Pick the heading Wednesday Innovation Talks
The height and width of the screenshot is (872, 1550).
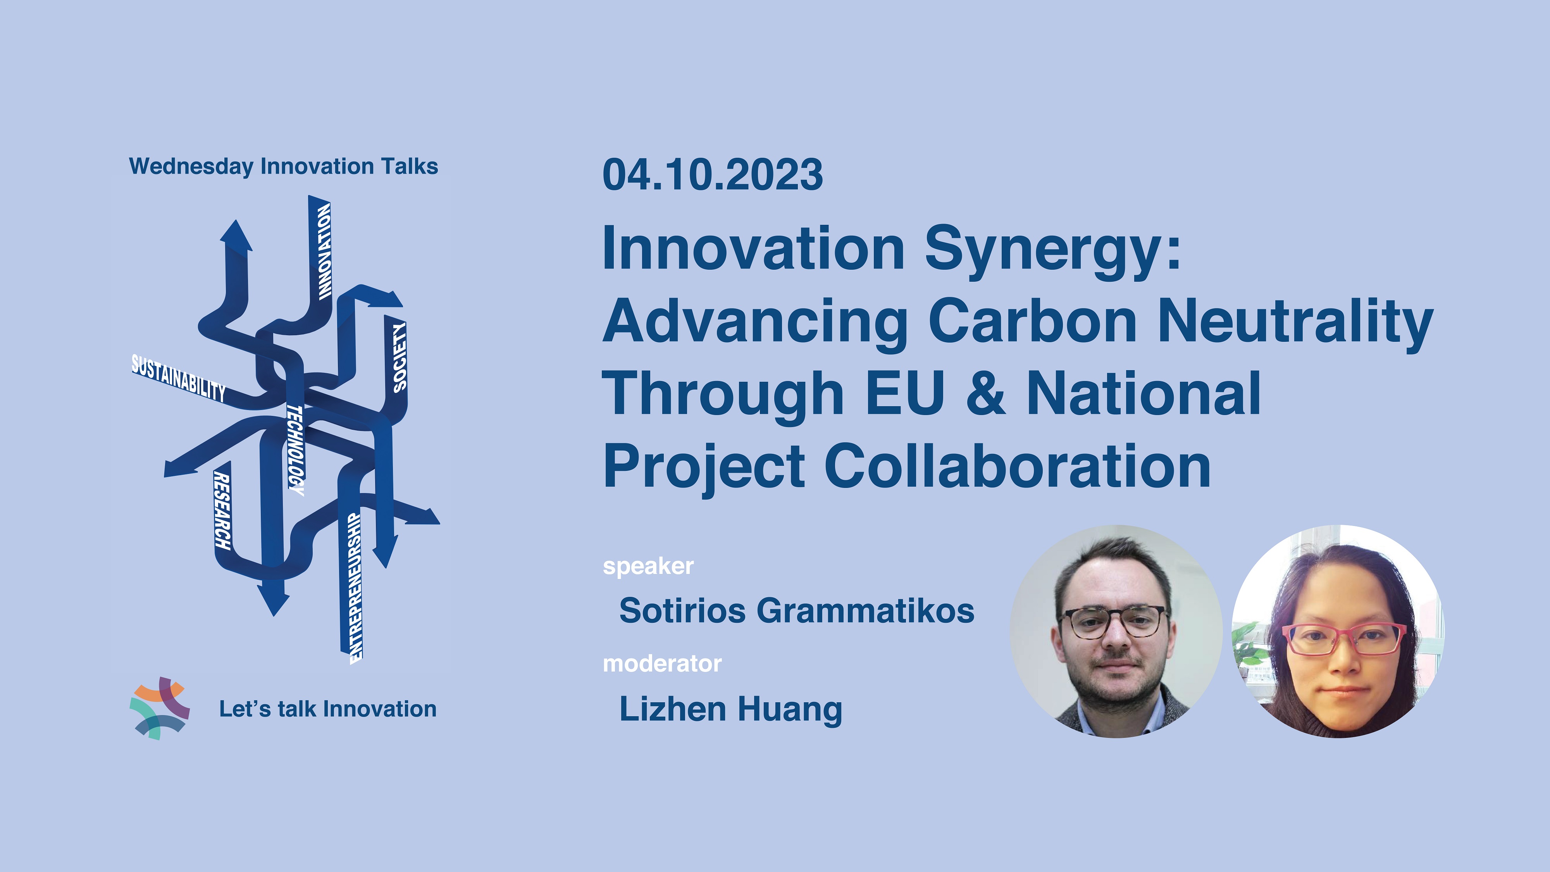pos(283,167)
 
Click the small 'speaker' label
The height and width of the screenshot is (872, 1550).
pos(648,566)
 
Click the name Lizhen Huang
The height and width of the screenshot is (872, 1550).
pos(730,710)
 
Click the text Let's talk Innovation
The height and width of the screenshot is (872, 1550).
pos(328,709)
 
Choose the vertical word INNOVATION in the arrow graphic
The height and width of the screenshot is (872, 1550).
pos(324,252)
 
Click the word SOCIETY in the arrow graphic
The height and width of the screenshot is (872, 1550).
pos(400,357)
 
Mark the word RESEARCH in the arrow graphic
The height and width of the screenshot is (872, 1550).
pos(222,511)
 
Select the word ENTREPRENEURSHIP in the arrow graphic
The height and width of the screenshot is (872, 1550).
pos(356,588)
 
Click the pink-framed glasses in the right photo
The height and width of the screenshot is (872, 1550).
pos(1343,639)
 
